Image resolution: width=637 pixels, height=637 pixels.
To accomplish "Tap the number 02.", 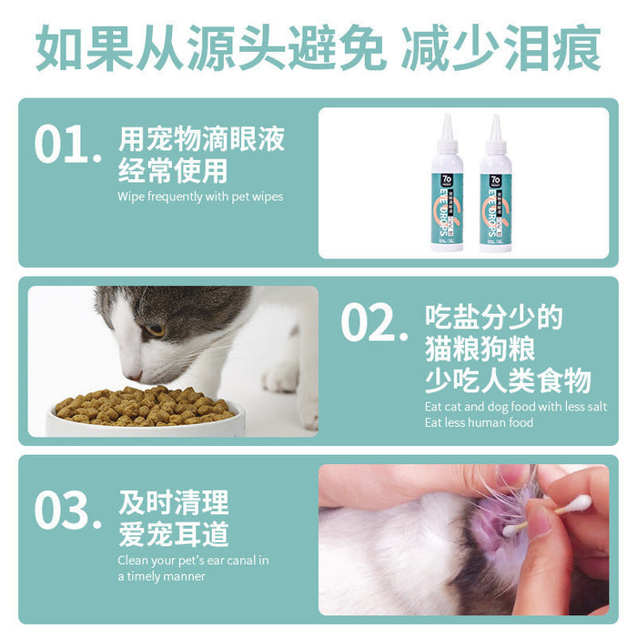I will coord(373,323).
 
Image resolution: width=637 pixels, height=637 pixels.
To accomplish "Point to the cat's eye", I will coord(155,329).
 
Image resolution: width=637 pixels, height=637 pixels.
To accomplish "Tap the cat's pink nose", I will coord(134,374).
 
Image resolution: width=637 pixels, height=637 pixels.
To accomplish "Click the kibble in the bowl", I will coord(146,405).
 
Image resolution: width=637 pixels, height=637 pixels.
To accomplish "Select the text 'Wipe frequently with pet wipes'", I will coord(200,197).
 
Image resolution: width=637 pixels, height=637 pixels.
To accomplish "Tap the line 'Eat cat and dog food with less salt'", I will coord(516,407).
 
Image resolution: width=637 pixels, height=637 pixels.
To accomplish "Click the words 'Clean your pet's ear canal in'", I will coord(193,561).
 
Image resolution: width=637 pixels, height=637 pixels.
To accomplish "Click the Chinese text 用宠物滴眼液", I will coord(201,139).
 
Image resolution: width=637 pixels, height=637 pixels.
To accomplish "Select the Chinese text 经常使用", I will coord(173,170).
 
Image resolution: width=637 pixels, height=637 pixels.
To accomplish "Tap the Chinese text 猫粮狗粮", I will coord(480,349).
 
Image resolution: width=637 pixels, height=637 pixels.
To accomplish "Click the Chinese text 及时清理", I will coord(173,501).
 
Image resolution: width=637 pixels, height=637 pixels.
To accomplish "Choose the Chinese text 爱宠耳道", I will coord(173,532).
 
